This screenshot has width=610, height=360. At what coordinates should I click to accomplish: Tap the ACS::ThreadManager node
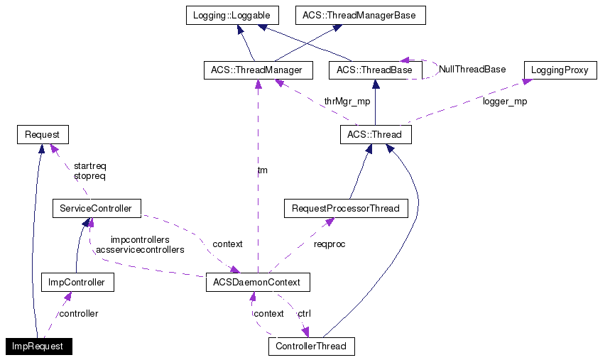pos(257,70)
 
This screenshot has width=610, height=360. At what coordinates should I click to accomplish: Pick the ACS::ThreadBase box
pos(374,70)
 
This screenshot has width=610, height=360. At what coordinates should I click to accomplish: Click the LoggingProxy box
pos(560,70)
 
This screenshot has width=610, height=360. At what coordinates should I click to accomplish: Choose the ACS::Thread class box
pos(374,134)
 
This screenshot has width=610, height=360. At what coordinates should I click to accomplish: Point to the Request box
pos(42,134)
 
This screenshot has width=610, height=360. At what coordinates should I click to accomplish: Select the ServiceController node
pos(96,209)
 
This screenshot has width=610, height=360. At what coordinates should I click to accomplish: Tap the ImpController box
pos(77,282)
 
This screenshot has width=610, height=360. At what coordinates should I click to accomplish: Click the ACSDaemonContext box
pos(258,282)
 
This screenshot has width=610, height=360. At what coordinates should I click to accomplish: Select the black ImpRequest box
pos(38,347)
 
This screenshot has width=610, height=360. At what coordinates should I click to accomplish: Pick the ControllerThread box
pos(311,347)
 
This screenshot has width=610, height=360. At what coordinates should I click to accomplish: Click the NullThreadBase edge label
pos(472,70)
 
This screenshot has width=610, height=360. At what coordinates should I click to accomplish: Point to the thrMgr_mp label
pos(347,102)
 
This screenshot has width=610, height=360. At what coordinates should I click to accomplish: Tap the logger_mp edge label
pos(505,102)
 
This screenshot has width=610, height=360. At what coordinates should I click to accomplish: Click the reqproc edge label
pos(330,244)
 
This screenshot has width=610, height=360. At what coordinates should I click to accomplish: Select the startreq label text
pos(89,165)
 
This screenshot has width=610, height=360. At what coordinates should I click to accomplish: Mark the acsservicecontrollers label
pos(140,250)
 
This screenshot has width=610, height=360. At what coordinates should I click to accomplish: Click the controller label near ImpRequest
pos(78,313)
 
